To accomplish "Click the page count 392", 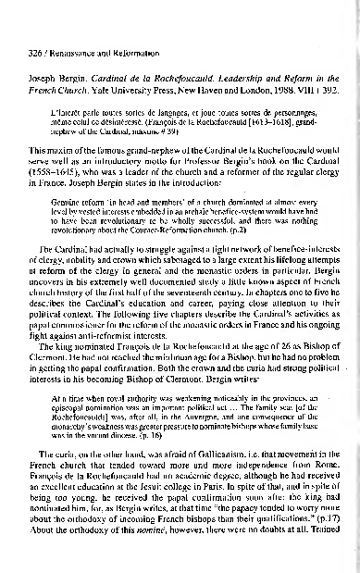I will (341, 62).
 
